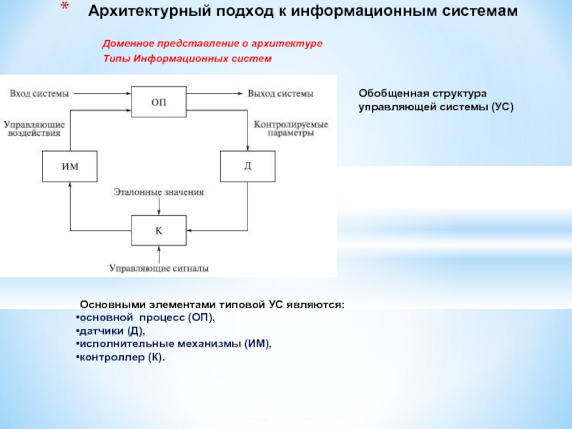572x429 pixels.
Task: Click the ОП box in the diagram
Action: pos(159,101)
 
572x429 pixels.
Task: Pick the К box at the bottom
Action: pos(159,230)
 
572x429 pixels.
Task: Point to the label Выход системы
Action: pos(280,93)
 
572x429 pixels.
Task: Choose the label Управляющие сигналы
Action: pos(159,268)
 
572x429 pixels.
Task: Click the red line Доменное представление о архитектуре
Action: pos(212,44)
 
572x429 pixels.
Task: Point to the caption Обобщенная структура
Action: pos(422,94)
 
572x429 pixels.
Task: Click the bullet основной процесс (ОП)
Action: pos(147,317)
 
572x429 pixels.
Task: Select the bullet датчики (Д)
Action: pos(112,330)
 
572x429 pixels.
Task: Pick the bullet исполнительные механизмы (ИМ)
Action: pos(176,344)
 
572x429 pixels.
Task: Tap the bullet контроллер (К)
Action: pos(122,357)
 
